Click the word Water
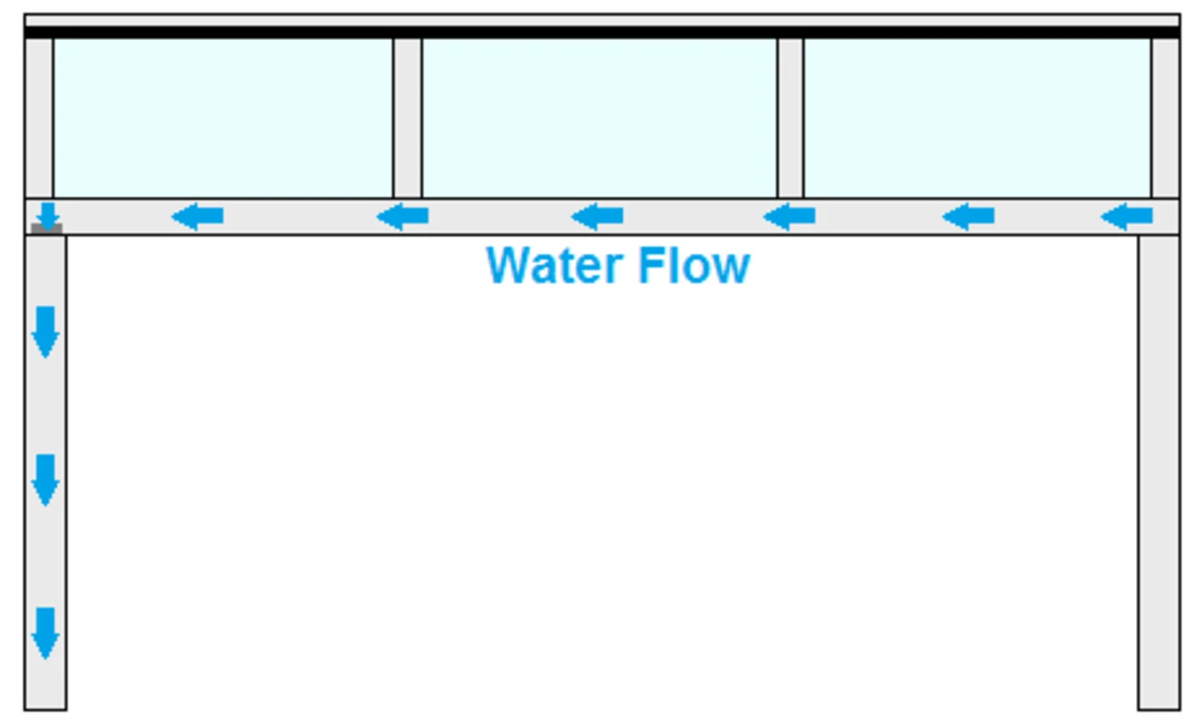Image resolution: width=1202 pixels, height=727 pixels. click(558, 265)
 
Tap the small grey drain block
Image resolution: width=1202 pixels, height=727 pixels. click(47, 229)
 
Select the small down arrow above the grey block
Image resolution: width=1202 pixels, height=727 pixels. click(48, 215)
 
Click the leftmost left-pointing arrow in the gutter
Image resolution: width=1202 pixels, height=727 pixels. click(198, 217)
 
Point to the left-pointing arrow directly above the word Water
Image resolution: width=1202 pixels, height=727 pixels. click(598, 217)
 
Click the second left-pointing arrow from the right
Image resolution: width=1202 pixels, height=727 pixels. click(968, 217)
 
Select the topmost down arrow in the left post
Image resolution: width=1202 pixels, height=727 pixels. click(45, 331)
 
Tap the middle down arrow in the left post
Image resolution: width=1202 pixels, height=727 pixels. click(45, 480)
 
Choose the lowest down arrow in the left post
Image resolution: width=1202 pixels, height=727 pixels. click(45, 633)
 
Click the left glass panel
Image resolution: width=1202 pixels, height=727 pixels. click(223, 118)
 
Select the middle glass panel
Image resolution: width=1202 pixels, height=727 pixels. click(599, 118)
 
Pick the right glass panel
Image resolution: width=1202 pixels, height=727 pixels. click(977, 118)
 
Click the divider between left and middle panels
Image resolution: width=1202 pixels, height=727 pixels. click(407, 118)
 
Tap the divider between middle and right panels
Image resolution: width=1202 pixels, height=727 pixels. click(790, 118)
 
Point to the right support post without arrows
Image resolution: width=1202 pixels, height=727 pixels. click(1159, 472)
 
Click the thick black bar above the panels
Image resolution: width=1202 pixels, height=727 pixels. click(601, 33)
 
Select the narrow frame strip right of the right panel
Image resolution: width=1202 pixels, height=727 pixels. click(1165, 118)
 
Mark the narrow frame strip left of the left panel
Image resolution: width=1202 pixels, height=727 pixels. click(39, 118)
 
